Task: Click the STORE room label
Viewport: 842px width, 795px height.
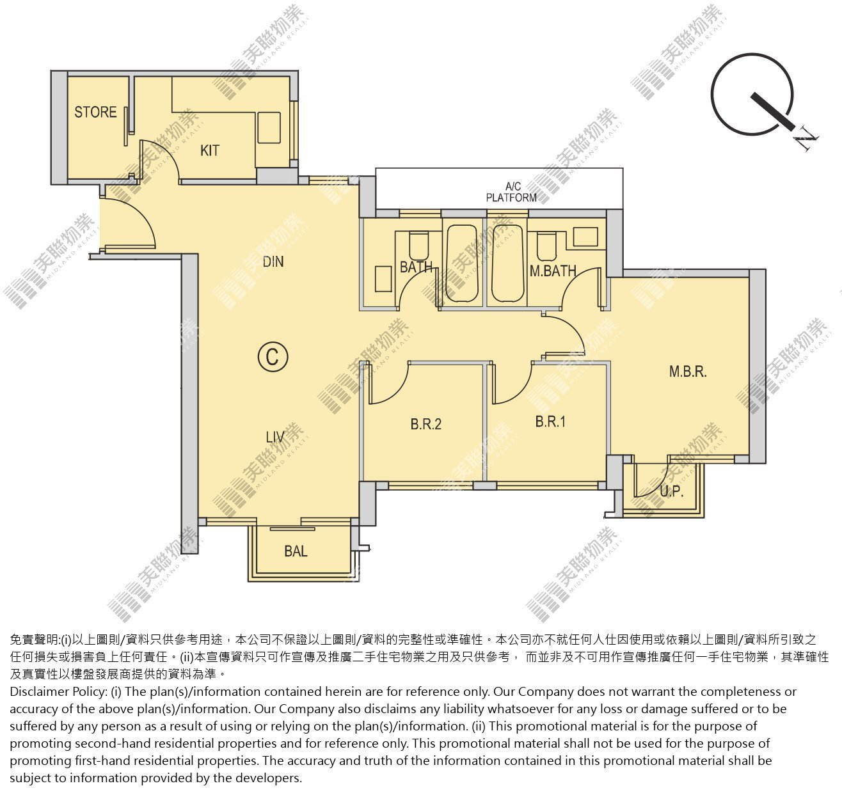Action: (x=95, y=112)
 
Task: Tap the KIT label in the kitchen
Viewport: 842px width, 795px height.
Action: (x=210, y=150)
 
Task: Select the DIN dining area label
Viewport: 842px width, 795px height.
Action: (x=273, y=262)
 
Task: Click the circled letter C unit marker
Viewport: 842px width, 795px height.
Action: (x=273, y=357)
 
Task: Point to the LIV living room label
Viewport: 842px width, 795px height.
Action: (x=275, y=437)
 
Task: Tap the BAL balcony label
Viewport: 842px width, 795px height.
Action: (x=296, y=551)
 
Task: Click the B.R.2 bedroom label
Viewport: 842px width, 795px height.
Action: (x=426, y=424)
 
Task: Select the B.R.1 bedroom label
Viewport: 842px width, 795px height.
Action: (x=550, y=421)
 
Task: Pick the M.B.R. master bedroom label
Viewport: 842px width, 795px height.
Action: (x=688, y=372)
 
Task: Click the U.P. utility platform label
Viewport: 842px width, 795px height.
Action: (x=672, y=491)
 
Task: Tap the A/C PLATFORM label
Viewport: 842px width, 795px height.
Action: (x=511, y=192)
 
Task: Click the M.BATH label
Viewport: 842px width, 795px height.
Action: (x=553, y=271)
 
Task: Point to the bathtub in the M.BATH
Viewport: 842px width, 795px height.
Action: (x=508, y=264)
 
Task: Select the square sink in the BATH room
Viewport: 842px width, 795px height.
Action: (x=383, y=279)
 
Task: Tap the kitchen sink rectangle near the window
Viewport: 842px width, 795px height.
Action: (x=269, y=128)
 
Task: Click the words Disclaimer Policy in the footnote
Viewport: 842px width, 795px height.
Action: (x=58, y=691)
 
